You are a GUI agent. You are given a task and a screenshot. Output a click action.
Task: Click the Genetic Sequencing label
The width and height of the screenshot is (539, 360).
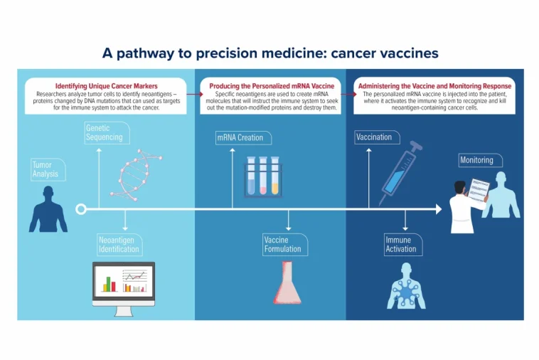107,133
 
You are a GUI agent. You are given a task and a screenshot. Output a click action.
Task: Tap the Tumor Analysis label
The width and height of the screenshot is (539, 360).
48,169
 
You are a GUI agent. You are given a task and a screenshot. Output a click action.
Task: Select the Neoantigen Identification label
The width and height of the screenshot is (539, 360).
119,245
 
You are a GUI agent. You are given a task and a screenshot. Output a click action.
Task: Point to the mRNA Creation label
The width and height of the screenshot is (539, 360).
243,137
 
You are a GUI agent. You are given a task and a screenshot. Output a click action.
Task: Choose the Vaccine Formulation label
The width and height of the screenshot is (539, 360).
285,245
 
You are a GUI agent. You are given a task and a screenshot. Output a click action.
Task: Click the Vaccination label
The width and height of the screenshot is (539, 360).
377,137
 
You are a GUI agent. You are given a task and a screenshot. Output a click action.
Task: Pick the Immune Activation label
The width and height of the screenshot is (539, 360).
403,245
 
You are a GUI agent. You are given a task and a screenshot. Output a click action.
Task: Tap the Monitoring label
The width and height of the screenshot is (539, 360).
480,160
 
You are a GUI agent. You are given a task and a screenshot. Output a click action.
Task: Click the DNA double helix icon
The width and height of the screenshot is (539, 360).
136,175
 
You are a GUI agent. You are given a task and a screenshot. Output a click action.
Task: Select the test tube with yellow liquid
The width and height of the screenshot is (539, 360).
275,176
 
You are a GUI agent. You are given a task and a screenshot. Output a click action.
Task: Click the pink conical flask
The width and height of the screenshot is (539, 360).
287,282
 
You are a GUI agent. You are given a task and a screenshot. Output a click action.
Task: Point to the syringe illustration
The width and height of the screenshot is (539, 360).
400,174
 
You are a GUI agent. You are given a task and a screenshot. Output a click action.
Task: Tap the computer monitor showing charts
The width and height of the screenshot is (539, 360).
124,289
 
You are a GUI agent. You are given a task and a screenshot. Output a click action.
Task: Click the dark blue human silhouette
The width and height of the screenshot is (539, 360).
48,209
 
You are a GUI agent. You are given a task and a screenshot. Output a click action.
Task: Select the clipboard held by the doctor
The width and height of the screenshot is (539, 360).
479,190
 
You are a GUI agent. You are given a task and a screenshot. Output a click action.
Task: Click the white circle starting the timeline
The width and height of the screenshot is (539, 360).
81,209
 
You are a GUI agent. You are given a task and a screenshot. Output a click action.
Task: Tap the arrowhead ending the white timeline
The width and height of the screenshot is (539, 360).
439,209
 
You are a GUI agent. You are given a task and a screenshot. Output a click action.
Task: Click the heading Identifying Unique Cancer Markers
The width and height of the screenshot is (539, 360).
106,86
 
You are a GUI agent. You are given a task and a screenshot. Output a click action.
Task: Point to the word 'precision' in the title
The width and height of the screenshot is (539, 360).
227,53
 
